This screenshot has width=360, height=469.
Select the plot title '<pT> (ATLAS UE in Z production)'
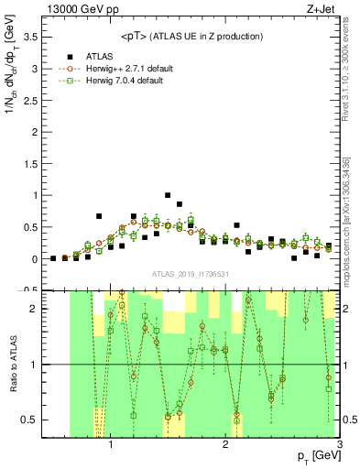[191, 36]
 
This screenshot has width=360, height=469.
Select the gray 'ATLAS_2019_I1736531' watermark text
[190, 274]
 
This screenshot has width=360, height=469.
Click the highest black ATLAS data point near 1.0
[168, 195]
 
